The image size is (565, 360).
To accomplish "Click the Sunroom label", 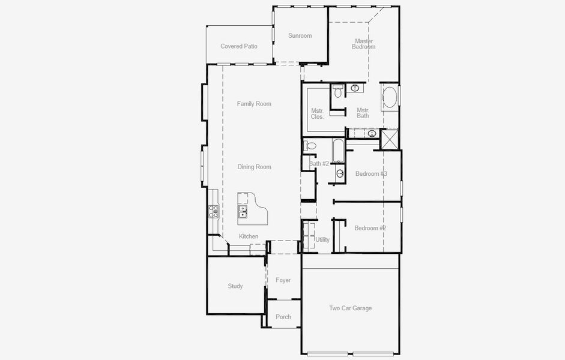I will point(300,35).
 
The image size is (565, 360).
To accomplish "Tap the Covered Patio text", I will point(239,46).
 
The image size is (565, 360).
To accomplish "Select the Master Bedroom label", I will point(363,44).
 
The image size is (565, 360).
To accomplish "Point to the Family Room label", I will point(254,104).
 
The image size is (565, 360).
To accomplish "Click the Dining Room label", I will point(254,167).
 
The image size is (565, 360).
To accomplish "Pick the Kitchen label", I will point(249,236).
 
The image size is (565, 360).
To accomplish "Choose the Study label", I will point(235,286).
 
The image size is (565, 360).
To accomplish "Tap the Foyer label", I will point(283,280).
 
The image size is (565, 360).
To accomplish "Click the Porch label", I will point(283,317).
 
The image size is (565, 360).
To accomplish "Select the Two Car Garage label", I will point(350,308).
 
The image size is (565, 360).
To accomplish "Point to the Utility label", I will point(322,239).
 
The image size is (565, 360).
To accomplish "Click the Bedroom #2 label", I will point(370,228).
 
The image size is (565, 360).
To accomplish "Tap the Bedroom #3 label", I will point(371,174).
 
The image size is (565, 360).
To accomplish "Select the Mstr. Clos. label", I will point(318,113).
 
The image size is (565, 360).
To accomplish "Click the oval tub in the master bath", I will point(390,98).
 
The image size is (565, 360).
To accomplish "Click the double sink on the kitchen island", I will point(243,211).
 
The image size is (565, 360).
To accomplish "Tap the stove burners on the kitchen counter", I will point(213,211).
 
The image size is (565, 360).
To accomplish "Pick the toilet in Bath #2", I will point(311,146).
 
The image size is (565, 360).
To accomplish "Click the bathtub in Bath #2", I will point(337,151).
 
